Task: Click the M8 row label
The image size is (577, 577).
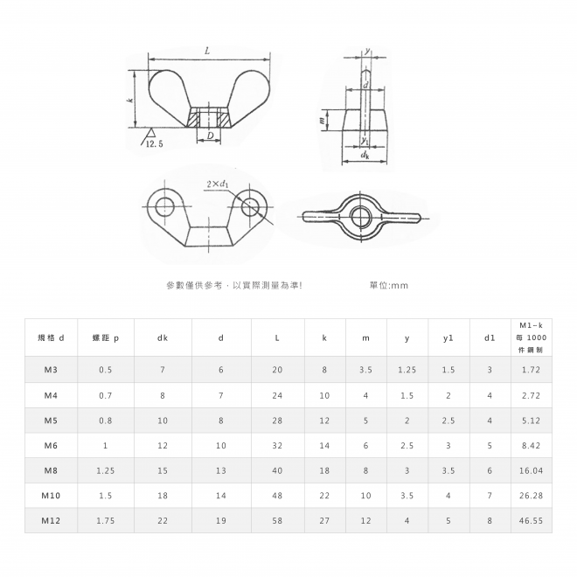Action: coord(51,470)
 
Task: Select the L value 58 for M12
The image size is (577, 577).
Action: coord(277,521)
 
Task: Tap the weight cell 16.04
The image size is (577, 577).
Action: coord(531,470)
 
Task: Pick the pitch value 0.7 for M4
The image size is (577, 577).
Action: coord(105,395)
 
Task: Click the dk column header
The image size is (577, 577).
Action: coord(163,337)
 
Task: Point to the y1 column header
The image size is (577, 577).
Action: coord(448,337)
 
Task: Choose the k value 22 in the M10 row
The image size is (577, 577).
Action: coord(324,496)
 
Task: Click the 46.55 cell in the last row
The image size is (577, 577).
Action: coord(531,521)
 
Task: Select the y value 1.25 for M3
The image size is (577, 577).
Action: coord(407,370)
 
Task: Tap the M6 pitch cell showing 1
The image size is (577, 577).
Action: coord(105,446)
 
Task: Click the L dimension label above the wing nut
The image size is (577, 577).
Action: coord(207,52)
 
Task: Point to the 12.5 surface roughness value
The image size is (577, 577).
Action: coord(154,144)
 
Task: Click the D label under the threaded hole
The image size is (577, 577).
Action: coord(210,136)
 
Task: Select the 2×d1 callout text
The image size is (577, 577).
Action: coord(217,184)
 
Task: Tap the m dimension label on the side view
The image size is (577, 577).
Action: coord(322,120)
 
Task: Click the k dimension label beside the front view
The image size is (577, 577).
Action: coord(129,100)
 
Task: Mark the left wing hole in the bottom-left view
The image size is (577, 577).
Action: coord(164,206)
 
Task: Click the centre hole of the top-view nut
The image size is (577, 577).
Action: coord(360,217)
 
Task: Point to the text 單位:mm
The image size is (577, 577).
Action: coord(389,285)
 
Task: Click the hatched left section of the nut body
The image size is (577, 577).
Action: coord(193,118)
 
